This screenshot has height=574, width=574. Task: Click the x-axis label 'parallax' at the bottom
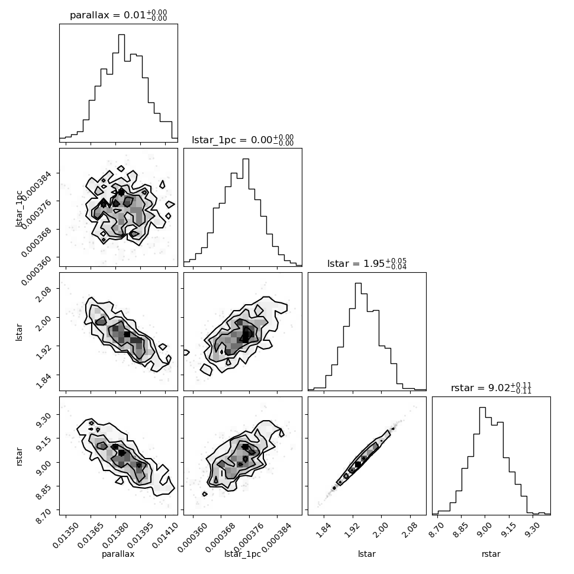[118, 554]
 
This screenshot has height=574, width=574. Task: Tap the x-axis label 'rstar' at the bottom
[491, 554]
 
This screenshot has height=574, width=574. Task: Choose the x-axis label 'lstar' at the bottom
[367, 554]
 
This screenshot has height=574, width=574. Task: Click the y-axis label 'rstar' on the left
[19, 456]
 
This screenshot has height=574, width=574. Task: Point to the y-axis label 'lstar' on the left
[19, 332]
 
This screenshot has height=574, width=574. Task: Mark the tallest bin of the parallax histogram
[121, 88]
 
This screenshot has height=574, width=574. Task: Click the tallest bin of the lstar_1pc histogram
[246, 212]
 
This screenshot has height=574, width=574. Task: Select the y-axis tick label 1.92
[44, 352]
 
